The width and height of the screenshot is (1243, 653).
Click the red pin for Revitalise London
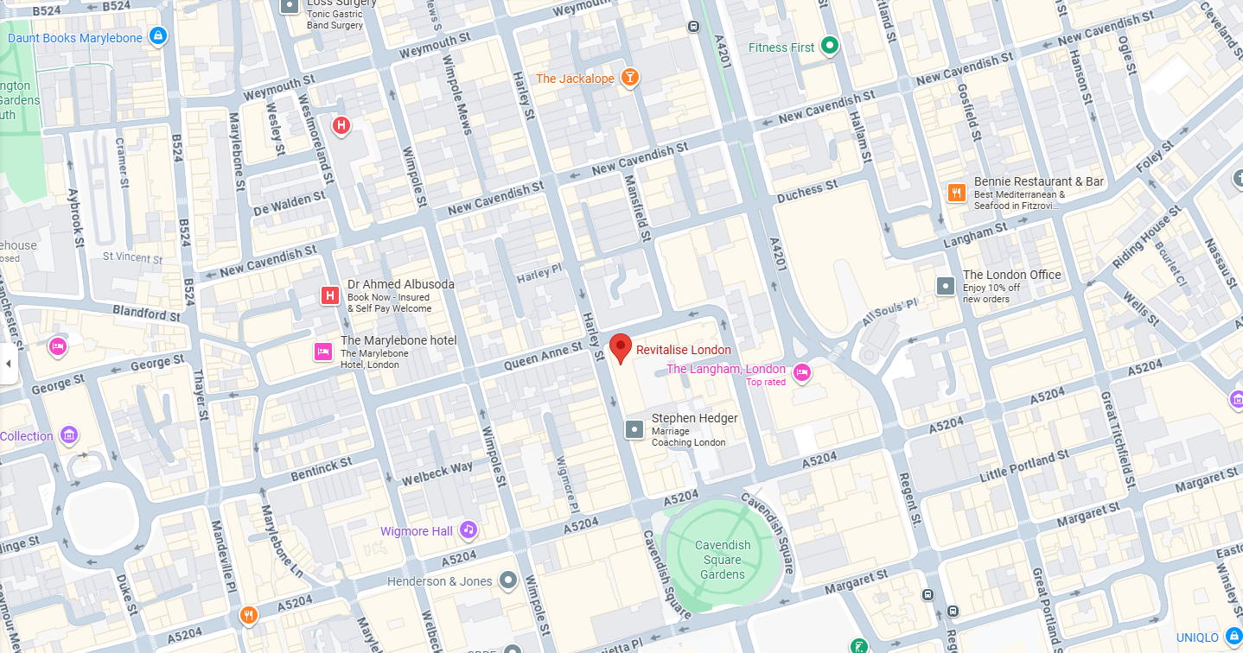(x=620, y=347)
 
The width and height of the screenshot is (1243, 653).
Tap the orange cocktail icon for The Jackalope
(x=631, y=79)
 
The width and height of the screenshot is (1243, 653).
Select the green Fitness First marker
(x=830, y=46)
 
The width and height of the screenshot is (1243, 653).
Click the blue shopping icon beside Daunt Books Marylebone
(x=157, y=36)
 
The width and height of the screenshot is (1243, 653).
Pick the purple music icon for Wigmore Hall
(x=468, y=529)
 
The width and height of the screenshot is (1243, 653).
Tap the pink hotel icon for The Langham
(x=802, y=373)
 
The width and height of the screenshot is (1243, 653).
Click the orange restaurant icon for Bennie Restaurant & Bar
(x=956, y=193)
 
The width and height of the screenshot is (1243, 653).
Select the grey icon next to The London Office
(x=947, y=285)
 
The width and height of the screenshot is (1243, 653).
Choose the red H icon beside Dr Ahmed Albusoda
(x=329, y=296)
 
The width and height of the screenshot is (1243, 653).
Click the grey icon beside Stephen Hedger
(x=634, y=428)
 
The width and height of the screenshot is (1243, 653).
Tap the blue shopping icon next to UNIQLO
(x=1233, y=637)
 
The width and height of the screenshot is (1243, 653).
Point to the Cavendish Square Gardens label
(x=723, y=559)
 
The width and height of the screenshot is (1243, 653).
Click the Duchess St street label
(x=806, y=192)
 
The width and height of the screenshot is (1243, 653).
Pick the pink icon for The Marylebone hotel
(x=322, y=352)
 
